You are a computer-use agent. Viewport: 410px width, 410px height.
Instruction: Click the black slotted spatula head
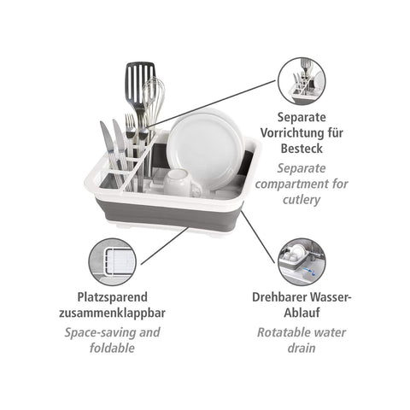140,83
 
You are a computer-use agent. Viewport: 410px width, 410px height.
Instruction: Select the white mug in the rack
178,183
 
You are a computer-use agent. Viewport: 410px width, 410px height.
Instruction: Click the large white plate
206,148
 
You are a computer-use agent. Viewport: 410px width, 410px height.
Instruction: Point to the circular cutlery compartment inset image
302,80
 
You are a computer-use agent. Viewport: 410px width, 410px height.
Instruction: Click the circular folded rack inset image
112,262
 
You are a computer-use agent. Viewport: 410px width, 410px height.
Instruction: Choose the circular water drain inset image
302,262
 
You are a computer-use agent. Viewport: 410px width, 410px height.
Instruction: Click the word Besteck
302,149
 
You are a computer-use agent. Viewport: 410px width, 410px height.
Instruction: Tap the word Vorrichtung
294,133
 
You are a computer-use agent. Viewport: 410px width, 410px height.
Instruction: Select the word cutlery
302,200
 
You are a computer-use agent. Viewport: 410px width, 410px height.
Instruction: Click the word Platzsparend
113,297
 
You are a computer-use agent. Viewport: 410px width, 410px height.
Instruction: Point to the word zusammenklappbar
112,313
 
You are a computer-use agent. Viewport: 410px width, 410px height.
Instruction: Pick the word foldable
112,348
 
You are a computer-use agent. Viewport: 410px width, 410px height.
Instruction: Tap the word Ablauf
302,313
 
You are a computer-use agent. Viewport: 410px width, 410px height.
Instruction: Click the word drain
302,348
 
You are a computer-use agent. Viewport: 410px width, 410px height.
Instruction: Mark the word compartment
291,184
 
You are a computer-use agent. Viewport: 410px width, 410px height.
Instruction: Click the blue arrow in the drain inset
307,269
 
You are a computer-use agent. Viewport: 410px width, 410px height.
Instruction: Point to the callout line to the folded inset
165,245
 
